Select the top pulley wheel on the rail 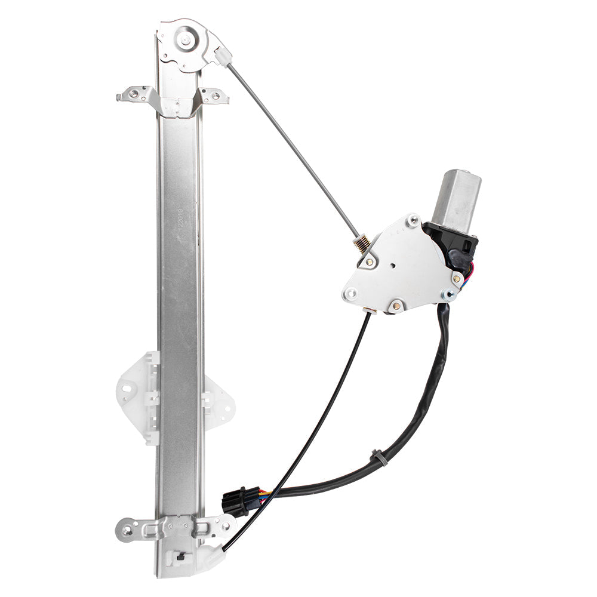(x=184, y=41)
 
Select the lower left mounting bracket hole (x=127, y=529)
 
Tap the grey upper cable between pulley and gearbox (x=293, y=149)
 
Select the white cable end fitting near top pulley (x=223, y=56)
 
